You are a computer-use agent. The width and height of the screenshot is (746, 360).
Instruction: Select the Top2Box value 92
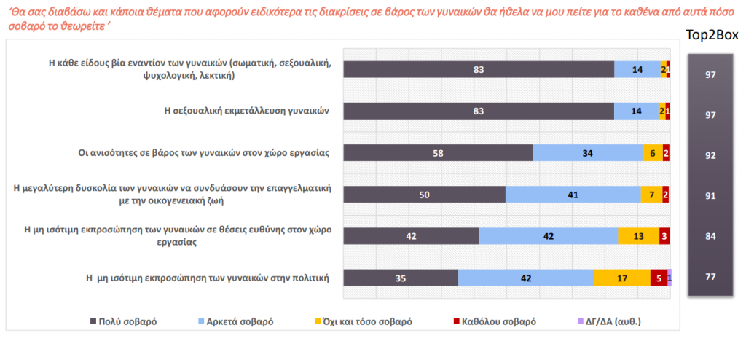click(x=711, y=156)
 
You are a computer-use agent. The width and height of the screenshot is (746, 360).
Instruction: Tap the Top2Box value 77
click(x=711, y=277)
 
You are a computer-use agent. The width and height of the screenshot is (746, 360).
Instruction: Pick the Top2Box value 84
click(x=711, y=237)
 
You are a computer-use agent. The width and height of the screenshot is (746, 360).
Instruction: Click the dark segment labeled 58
click(x=438, y=153)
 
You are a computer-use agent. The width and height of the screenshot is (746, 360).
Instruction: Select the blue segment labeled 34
click(x=587, y=153)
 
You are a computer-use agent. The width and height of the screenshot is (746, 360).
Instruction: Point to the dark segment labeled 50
click(x=424, y=195)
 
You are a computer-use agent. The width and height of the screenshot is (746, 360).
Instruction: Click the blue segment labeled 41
click(x=573, y=195)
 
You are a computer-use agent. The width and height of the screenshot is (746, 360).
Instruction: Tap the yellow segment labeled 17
click(x=621, y=278)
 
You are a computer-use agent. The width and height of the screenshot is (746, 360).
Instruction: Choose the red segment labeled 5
click(x=659, y=278)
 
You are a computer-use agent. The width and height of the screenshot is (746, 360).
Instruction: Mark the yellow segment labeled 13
click(x=637, y=236)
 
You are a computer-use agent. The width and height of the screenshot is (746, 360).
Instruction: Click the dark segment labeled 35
click(x=400, y=278)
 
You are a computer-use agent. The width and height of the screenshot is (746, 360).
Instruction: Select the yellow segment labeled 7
click(x=651, y=195)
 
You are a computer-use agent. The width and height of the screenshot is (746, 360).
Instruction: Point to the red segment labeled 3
click(x=664, y=236)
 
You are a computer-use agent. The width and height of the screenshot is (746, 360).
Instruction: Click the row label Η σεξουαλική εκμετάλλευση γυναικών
click(x=246, y=111)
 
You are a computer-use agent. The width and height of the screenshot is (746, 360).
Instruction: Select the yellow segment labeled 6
click(x=652, y=153)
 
